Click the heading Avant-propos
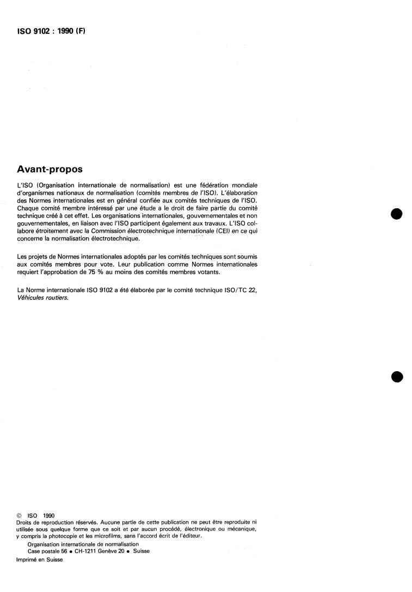click(50, 169)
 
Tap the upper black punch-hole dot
click(397, 214)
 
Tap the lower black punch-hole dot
click(397, 377)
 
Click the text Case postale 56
click(48, 551)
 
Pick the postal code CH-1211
click(89, 551)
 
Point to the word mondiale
click(244, 185)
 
